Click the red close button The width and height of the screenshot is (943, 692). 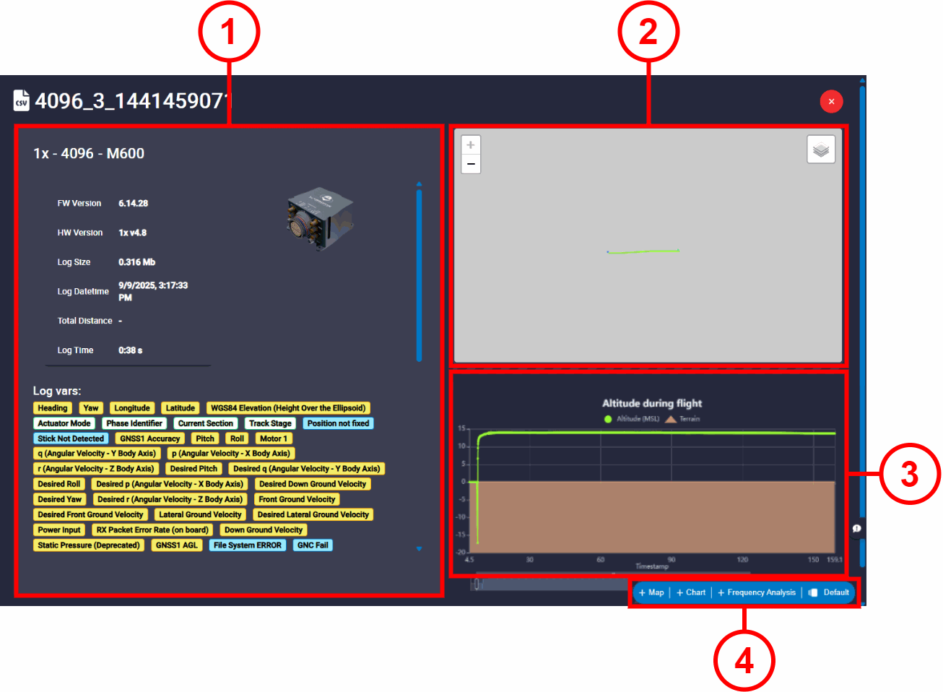point(831,101)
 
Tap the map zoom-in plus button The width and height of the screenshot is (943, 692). point(471,145)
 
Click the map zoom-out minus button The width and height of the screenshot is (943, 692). point(471,164)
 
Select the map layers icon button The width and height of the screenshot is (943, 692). point(821,150)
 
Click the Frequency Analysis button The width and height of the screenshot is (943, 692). point(757,592)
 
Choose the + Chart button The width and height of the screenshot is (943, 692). point(691,592)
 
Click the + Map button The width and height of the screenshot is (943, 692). point(651,592)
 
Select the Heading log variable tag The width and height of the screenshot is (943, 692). point(53,408)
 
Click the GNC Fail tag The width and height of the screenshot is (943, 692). point(313,545)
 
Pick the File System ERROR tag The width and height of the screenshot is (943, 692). point(248,545)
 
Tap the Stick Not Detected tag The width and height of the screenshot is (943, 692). point(71,438)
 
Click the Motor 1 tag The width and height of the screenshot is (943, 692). point(274,438)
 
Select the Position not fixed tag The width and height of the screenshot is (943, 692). point(338,423)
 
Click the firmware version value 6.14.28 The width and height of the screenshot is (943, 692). point(134,204)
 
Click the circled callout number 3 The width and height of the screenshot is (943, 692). point(909,474)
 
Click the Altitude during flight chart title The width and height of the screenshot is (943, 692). point(652,403)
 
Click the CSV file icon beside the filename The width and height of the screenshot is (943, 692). point(22,100)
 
